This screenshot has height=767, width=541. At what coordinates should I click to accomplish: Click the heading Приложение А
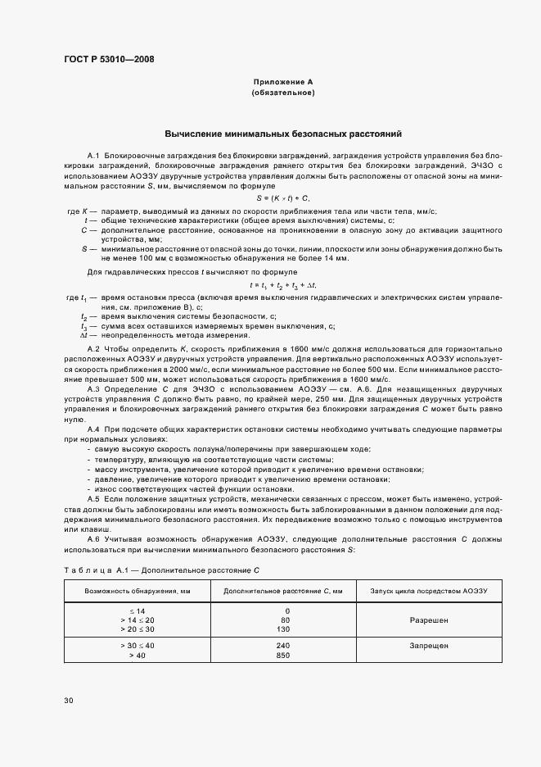283,83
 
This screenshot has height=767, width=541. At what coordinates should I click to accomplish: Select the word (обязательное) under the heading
283,93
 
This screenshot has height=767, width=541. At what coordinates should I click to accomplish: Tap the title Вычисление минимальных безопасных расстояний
283,134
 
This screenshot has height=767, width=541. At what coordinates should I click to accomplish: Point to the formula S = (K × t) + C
283,199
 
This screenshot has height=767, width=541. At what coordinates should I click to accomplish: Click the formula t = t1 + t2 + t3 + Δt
283,284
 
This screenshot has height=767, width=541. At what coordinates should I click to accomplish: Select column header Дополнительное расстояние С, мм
283,591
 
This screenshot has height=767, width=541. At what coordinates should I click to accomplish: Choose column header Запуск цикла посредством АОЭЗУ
429,591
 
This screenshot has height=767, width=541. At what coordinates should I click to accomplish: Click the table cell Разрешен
429,621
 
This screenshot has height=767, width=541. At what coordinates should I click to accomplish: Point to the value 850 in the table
283,656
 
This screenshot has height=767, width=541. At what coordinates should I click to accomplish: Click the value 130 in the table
283,630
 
